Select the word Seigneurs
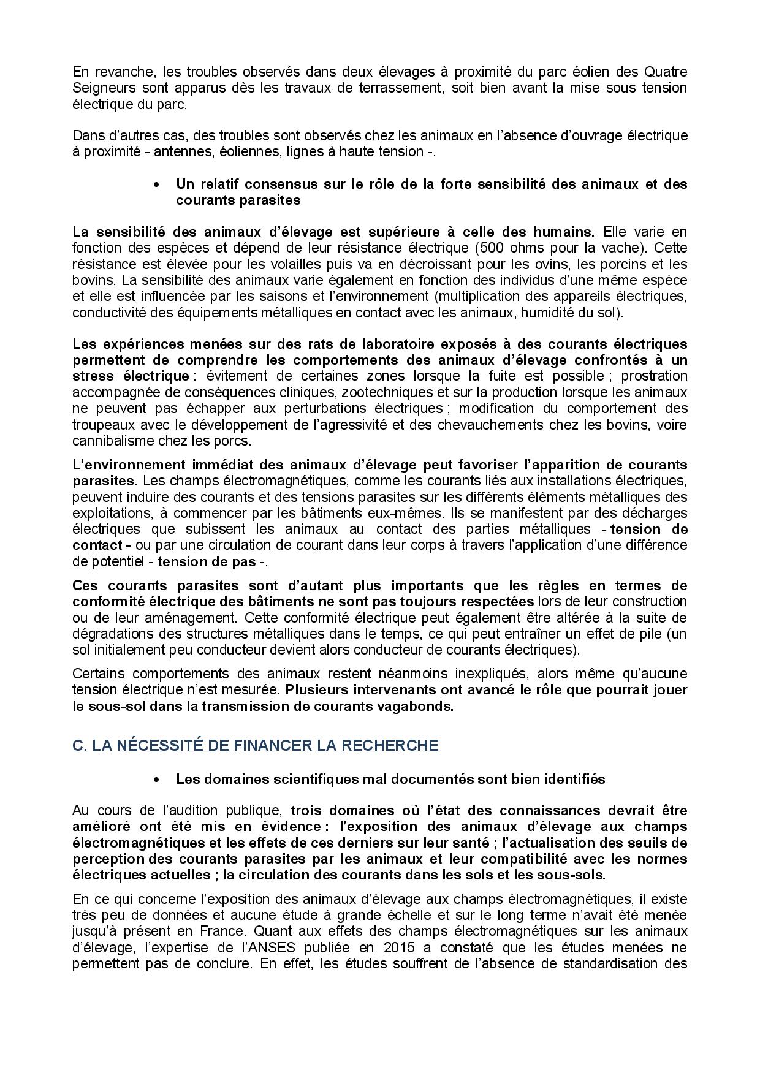tap(100, 88)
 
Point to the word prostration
tap(654, 376)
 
